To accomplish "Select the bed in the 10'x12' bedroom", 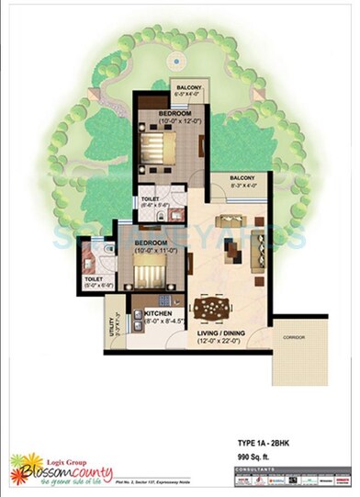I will pos(163,144).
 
